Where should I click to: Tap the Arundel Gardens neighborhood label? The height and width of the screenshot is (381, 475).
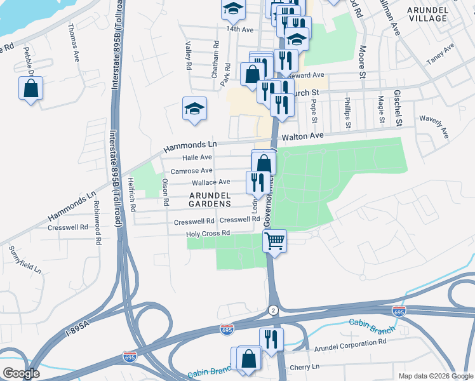210,204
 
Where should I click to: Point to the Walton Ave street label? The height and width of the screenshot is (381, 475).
303,136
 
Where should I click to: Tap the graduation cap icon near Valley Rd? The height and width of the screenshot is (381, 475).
194,109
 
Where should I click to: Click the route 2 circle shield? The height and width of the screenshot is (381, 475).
273,310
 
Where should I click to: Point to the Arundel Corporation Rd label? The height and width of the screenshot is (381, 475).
351,342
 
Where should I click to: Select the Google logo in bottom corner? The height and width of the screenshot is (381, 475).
22,373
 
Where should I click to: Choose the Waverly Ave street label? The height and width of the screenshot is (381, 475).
434,126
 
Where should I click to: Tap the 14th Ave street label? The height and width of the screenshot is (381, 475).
239,29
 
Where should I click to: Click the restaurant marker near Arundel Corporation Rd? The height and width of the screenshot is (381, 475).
271,340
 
